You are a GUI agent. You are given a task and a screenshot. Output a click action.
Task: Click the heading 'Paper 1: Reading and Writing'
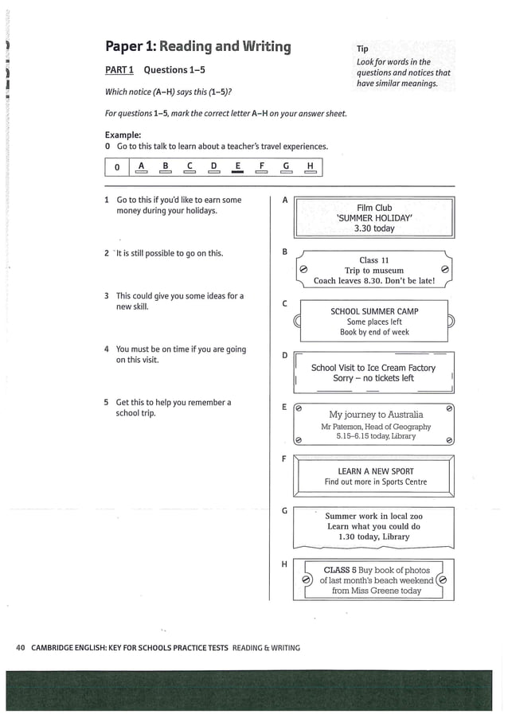[x=197, y=46]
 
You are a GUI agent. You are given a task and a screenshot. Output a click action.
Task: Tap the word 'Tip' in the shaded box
[x=362, y=49]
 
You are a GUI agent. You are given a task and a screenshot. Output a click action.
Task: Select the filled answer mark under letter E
[x=236, y=171]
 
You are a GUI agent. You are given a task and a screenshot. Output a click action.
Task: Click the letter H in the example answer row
[x=309, y=166]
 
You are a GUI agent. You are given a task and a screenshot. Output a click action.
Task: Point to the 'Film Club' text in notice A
[x=374, y=208]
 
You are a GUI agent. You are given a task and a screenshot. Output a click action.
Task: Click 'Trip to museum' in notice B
[x=373, y=271]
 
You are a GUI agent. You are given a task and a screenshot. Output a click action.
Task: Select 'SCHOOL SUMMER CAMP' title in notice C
[x=374, y=311]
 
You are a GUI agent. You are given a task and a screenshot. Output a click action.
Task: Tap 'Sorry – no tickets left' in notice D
[x=373, y=378]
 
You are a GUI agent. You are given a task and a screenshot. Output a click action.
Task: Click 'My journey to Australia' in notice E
[x=376, y=415]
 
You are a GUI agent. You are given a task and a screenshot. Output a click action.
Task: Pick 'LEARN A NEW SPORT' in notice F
[x=375, y=471]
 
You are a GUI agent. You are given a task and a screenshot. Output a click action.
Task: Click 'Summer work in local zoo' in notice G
[x=373, y=516]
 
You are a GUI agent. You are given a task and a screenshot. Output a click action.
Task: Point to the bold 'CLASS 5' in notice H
[x=340, y=570]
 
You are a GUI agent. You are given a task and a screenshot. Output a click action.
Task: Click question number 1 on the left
[x=107, y=200]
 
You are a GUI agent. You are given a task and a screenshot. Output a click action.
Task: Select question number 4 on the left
[x=107, y=349]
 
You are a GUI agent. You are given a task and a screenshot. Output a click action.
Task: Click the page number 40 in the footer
[x=21, y=647]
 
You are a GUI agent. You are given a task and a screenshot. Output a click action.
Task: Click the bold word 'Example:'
[x=123, y=135]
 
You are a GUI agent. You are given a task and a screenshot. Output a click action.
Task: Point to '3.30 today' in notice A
[x=374, y=228]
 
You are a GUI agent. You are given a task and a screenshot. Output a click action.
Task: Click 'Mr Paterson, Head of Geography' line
[x=375, y=427]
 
